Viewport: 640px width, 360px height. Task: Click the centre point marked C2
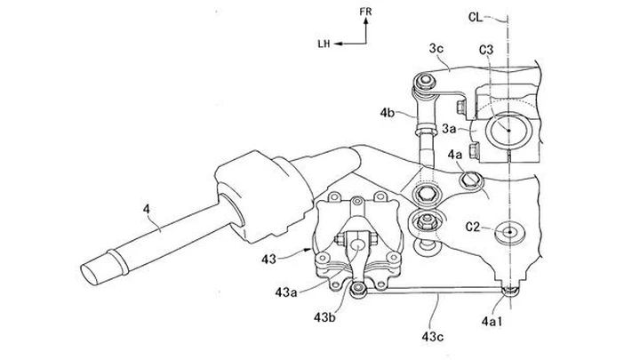[x=509, y=233]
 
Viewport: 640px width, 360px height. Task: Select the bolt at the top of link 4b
[x=427, y=83]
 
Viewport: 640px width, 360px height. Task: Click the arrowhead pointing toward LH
[x=340, y=41]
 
